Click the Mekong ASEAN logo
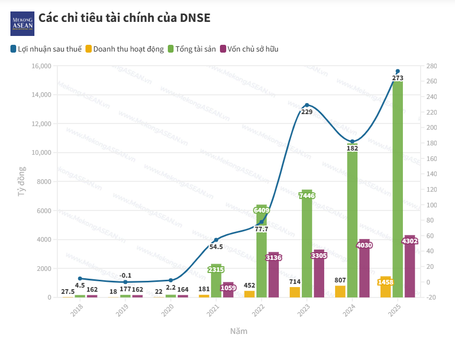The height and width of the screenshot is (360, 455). pyautogui.click(x=22, y=23)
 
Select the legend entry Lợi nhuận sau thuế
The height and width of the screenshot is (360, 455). pyautogui.click(x=46, y=49)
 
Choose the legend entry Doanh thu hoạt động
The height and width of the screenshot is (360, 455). pyautogui.click(x=125, y=49)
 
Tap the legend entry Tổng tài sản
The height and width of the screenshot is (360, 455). pyautogui.click(x=191, y=49)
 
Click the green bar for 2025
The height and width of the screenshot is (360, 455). pyautogui.click(x=398, y=188)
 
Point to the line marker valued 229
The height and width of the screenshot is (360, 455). pyautogui.click(x=307, y=105)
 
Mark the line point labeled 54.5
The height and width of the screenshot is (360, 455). pyautogui.click(x=216, y=240)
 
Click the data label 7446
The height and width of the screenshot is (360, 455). pyautogui.click(x=306, y=195)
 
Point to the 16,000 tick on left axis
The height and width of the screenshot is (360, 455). pyautogui.click(x=41, y=66)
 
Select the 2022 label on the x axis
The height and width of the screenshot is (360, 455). pyautogui.click(x=258, y=312)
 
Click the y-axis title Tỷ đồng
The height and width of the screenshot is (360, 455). pyautogui.click(x=22, y=181)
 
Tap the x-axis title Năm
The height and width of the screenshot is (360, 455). pyautogui.click(x=239, y=331)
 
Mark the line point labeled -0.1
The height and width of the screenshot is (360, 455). pyautogui.click(x=125, y=282)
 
